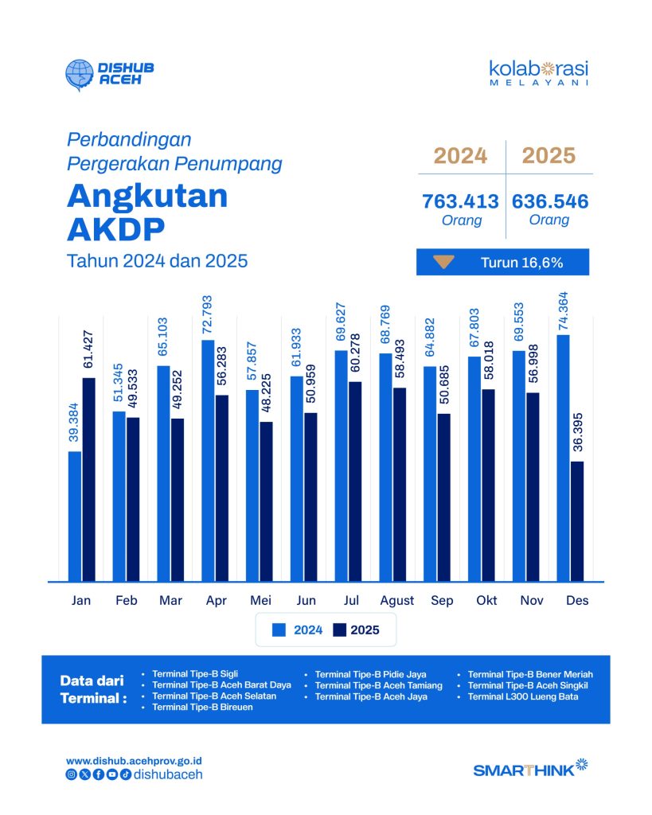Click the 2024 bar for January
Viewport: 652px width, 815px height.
tap(75, 516)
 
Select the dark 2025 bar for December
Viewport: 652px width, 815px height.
tap(577, 521)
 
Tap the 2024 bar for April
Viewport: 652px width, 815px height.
tap(208, 461)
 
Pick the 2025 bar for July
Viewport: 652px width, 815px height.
tap(355, 482)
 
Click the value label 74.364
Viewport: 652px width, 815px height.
tap(563, 311)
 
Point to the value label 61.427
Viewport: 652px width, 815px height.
tap(88, 349)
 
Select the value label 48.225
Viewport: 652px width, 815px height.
tap(266, 393)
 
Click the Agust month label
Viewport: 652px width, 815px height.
tap(396, 601)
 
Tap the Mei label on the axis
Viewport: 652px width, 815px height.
tap(260, 600)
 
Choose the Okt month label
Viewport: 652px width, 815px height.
tap(486, 600)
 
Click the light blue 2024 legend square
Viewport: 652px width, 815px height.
tap(279, 630)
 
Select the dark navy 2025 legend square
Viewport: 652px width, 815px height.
tap(339, 630)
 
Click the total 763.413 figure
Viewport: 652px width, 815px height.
tap(460, 201)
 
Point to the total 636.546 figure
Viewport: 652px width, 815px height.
tap(550, 201)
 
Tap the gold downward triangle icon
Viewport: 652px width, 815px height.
tap(444, 262)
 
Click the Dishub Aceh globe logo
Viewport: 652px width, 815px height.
tap(80, 74)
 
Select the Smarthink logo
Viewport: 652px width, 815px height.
tap(530, 769)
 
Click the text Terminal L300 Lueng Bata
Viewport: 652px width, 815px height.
tap(522, 696)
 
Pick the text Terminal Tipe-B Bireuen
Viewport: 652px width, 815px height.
tap(202, 707)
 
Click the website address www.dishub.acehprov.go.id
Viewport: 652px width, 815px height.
tap(135, 761)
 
